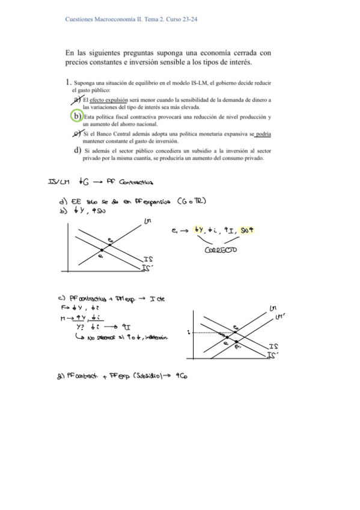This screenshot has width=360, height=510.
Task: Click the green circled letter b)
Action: pos(76,115)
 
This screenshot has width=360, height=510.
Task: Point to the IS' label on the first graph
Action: pos(148,268)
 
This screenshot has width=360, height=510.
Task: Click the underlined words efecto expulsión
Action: pos(106,99)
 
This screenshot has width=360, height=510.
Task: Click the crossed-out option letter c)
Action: pos(77,133)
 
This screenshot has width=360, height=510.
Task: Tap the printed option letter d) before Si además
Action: pos(77,150)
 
